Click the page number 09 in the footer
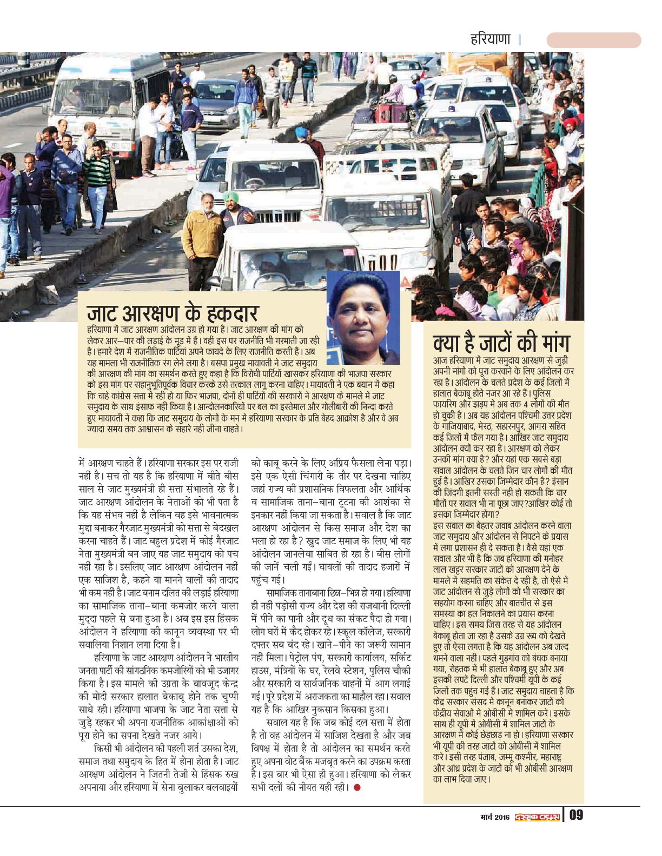tap(576, 814)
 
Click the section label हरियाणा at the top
tap(491, 39)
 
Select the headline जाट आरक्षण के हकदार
tap(173, 314)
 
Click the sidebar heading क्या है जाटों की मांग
tap(501, 344)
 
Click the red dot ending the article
tap(356, 787)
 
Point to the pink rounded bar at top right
tap(593, 40)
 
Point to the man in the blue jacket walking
tap(245, 97)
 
